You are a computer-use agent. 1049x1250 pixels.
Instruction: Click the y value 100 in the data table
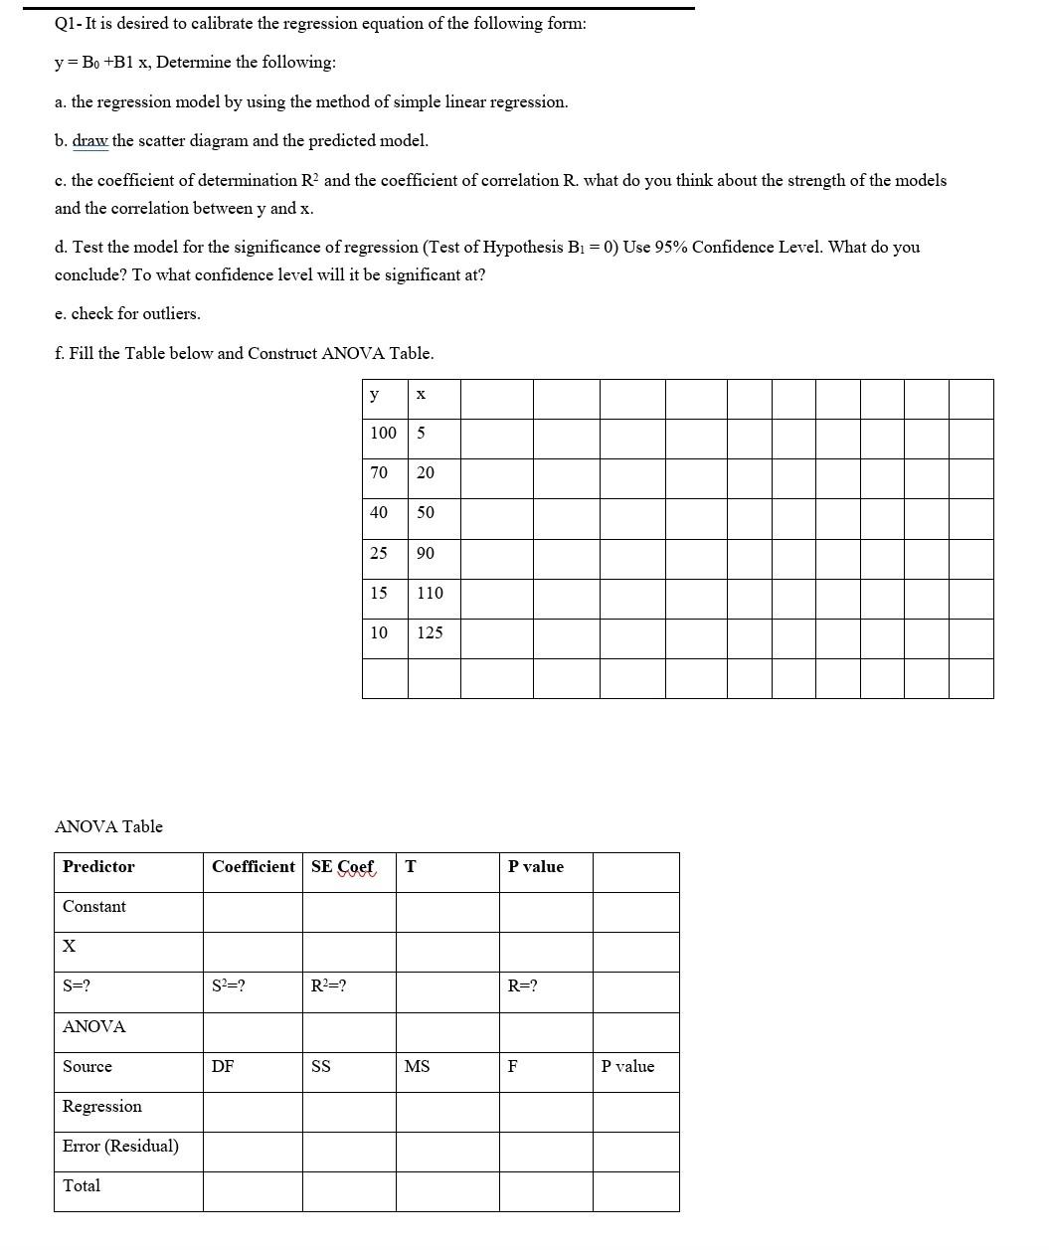(x=383, y=433)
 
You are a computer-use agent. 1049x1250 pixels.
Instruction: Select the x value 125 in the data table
(x=430, y=632)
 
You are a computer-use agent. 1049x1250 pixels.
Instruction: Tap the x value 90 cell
(x=426, y=553)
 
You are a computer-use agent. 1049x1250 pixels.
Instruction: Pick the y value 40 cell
(x=379, y=512)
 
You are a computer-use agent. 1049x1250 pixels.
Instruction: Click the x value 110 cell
(x=430, y=593)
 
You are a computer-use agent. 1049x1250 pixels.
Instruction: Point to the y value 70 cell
(x=379, y=472)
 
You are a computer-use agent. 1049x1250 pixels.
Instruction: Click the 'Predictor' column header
(x=98, y=866)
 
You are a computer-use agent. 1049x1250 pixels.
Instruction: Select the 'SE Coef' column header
(x=343, y=866)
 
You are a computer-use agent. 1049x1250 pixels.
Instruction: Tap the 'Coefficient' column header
(x=253, y=866)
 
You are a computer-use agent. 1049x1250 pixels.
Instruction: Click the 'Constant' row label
(x=94, y=906)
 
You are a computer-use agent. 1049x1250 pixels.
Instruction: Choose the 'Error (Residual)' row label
(x=120, y=1146)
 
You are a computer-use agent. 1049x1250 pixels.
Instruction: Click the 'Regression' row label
(x=101, y=1106)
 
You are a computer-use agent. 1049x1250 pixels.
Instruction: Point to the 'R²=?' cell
(x=328, y=986)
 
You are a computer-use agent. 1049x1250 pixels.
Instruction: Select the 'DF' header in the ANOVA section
(x=223, y=1066)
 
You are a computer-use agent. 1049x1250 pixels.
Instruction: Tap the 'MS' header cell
(x=417, y=1066)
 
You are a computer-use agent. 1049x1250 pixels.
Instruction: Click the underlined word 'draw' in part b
(x=90, y=140)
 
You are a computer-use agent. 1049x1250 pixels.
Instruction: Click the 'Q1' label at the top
(x=67, y=23)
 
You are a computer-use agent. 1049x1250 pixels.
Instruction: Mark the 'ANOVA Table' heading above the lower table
(x=108, y=826)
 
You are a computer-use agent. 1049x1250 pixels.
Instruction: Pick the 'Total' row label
(x=82, y=1185)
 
